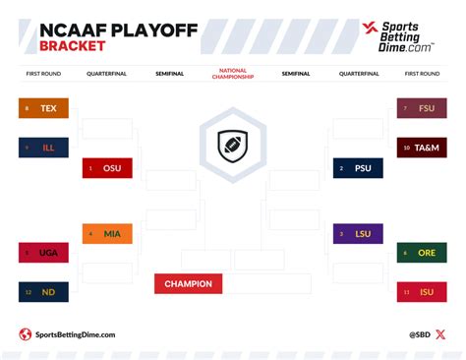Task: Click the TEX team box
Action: click(43, 108)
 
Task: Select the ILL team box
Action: click(43, 148)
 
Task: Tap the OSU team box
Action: click(107, 168)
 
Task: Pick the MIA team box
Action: click(107, 233)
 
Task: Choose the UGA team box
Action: click(43, 253)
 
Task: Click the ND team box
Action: click(43, 291)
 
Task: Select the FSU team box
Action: click(422, 108)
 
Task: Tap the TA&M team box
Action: click(422, 148)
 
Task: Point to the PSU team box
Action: click(357, 168)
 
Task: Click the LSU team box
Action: click(357, 233)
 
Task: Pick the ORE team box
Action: click(422, 253)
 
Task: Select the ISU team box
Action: click(422, 291)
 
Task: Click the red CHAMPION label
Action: click(188, 284)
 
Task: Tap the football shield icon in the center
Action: click(232, 143)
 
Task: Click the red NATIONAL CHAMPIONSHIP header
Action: click(232, 74)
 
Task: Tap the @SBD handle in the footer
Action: click(420, 334)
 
